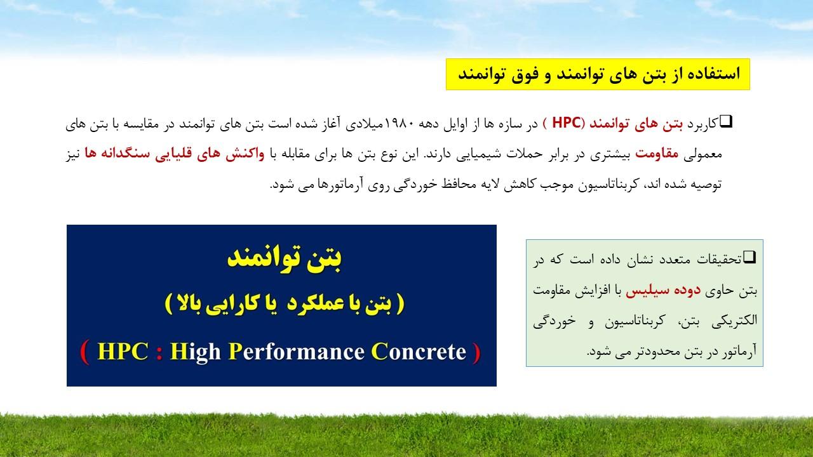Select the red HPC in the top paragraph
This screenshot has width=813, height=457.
tap(566, 123)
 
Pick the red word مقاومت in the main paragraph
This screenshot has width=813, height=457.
tap(657, 154)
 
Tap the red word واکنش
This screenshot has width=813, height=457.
tap(245, 154)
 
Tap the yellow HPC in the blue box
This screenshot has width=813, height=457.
tap(123, 352)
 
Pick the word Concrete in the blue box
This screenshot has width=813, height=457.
tap(419, 352)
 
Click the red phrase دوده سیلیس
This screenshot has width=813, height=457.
tap(662, 291)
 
